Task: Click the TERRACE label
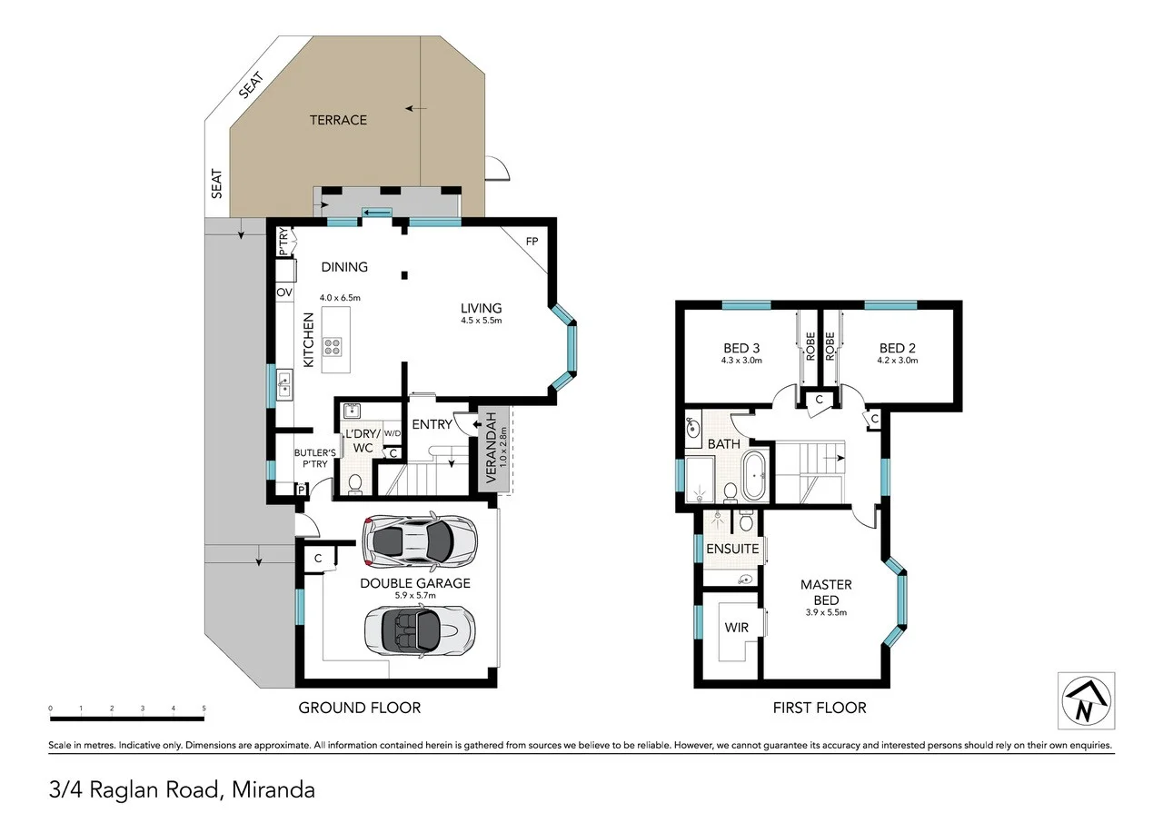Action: (338, 120)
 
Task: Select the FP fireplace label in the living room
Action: (532, 242)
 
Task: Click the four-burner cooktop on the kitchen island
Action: (333, 345)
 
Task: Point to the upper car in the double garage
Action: (419, 540)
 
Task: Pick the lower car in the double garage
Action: (419, 629)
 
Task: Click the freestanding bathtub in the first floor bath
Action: (755, 476)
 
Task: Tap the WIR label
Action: (736, 628)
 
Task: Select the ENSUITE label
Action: (732, 549)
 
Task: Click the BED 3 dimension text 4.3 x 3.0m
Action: (741, 361)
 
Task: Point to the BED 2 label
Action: (897, 348)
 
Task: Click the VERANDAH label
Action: (492, 446)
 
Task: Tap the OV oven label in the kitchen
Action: (283, 293)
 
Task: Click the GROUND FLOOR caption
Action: (360, 708)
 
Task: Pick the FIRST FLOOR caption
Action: (820, 708)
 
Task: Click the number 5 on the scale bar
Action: (204, 708)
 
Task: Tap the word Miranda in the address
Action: (273, 789)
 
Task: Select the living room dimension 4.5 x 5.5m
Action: (482, 321)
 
